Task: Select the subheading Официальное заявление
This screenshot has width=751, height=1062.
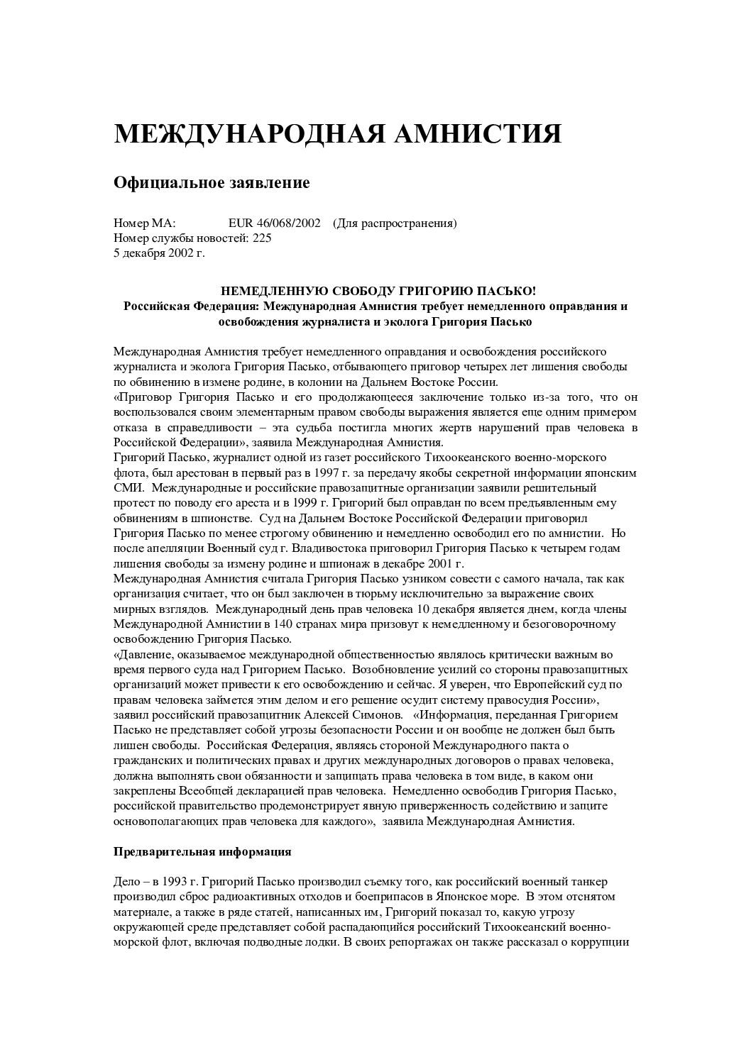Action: pos(212,183)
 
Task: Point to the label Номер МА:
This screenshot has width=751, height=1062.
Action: pos(144,223)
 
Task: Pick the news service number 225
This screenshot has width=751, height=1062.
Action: pos(262,238)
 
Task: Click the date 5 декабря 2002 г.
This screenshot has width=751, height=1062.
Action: pos(159,253)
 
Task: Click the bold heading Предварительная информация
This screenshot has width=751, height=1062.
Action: pos(202,851)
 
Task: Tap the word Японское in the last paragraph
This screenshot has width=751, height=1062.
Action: pos(424,897)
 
